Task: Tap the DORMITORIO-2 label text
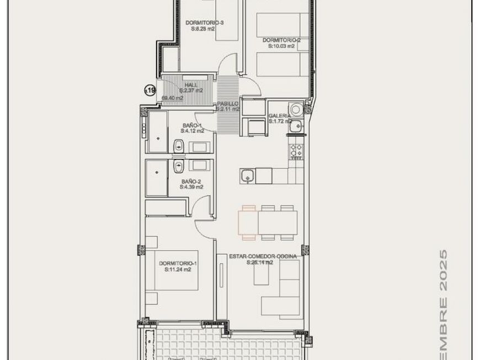pos(281,40)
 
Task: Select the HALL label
pos(191,84)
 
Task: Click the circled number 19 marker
pos(150,90)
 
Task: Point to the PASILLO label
pos(227,103)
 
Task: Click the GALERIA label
pos(279,116)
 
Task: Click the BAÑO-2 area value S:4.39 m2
pos(191,187)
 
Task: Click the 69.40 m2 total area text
pos(172,98)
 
